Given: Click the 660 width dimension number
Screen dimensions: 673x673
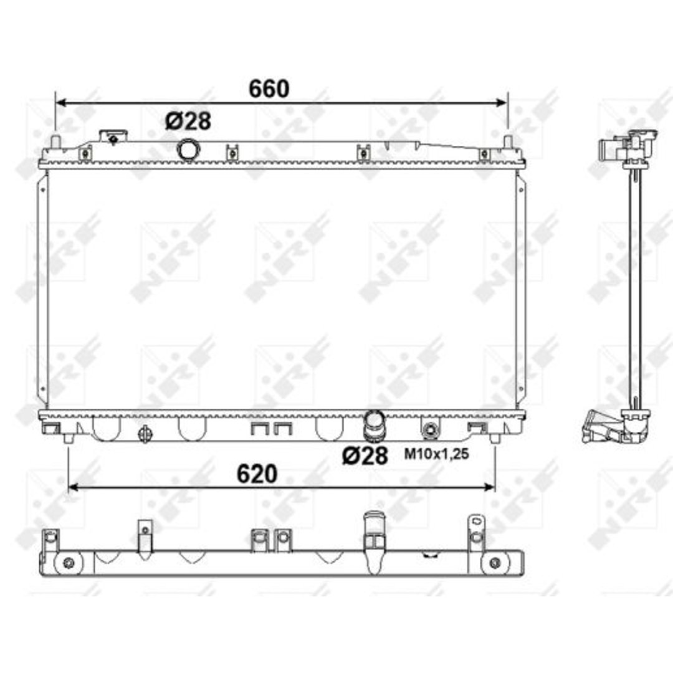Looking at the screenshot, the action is [269, 89].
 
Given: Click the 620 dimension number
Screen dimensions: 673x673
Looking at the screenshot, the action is [257, 474].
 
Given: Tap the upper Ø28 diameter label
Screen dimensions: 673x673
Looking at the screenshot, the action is [188, 122].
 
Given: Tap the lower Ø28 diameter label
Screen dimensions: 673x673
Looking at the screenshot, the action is [365, 456].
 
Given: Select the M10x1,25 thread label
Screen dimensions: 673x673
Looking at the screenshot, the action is [436, 454].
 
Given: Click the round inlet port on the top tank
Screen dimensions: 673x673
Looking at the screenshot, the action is [188, 150].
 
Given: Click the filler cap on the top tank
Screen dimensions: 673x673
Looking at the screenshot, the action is [113, 137].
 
